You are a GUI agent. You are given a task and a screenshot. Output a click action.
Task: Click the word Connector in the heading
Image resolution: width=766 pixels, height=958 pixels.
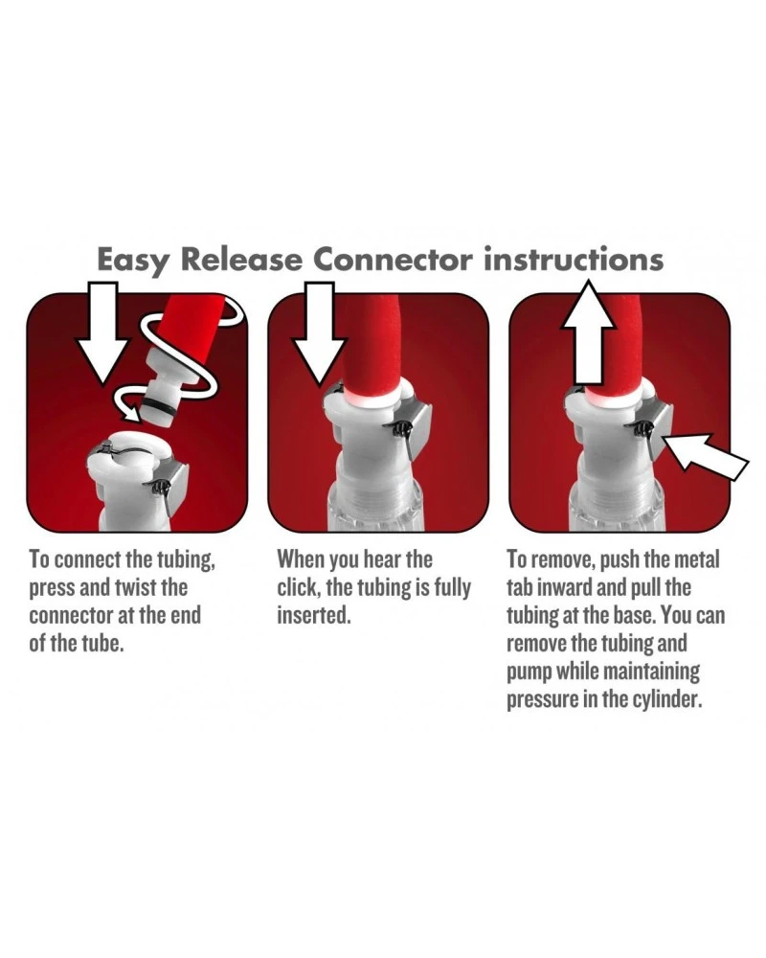[x=393, y=260]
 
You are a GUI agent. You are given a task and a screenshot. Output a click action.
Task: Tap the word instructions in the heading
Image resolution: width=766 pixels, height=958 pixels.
[x=574, y=260]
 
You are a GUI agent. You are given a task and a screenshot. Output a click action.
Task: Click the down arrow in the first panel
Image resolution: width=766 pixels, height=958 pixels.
[x=103, y=333]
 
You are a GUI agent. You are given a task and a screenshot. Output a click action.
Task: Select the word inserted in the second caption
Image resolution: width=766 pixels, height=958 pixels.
[x=314, y=615]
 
